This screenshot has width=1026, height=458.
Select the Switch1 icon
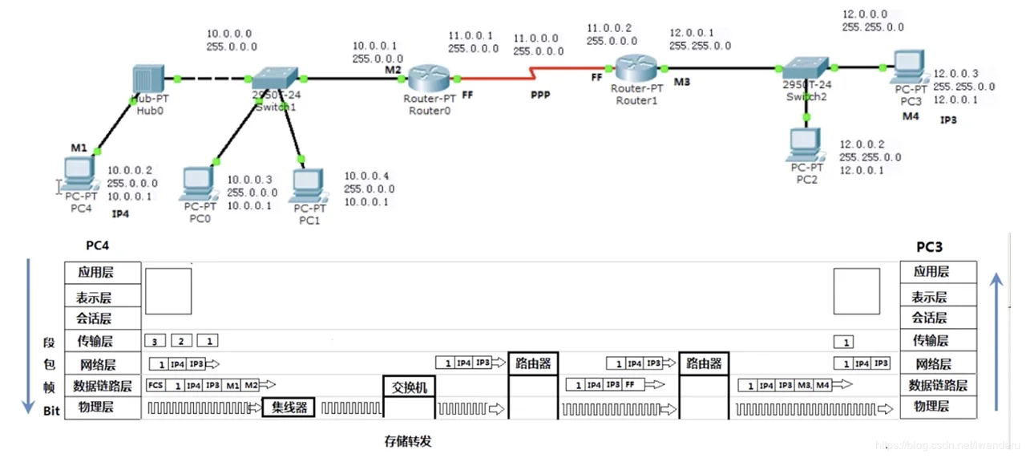tap(273, 79)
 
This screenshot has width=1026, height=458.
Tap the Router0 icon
tap(430, 79)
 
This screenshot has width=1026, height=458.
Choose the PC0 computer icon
tap(198, 183)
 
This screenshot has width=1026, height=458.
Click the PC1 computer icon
tap(309, 184)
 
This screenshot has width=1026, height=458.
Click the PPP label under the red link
tap(542, 95)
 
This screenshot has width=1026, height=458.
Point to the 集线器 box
tap(289, 407)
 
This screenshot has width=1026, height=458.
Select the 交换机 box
tap(410, 387)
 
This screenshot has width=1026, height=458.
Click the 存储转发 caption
tap(409, 440)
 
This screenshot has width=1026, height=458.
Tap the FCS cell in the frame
tap(156, 386)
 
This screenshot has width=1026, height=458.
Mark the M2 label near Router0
tap(392, 71)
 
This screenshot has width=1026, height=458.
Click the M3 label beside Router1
tap(681, 83)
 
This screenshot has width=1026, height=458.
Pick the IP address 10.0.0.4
tap(366, 176)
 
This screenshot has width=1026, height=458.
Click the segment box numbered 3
tap(155, 341)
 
